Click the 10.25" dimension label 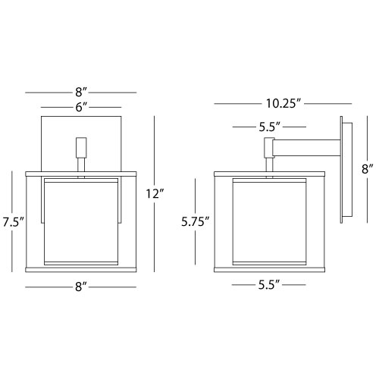pyautogui.click(x=283, y=104)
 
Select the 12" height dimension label pyautogui.click(x=155, y=194)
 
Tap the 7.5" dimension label pyautogui.click(x=13, y=222)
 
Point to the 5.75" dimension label pyautogui.click(x=196, y=221)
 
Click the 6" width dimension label pyautogui.click(x=81, y=108)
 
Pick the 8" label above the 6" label pyautogui.click(x=81, y=92)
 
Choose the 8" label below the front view pyautogui.click(x=81, y=287)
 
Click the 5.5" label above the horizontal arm pyautogui.click(x=269, y=127)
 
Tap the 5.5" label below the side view pyautogui.click(x=269, y=285)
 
